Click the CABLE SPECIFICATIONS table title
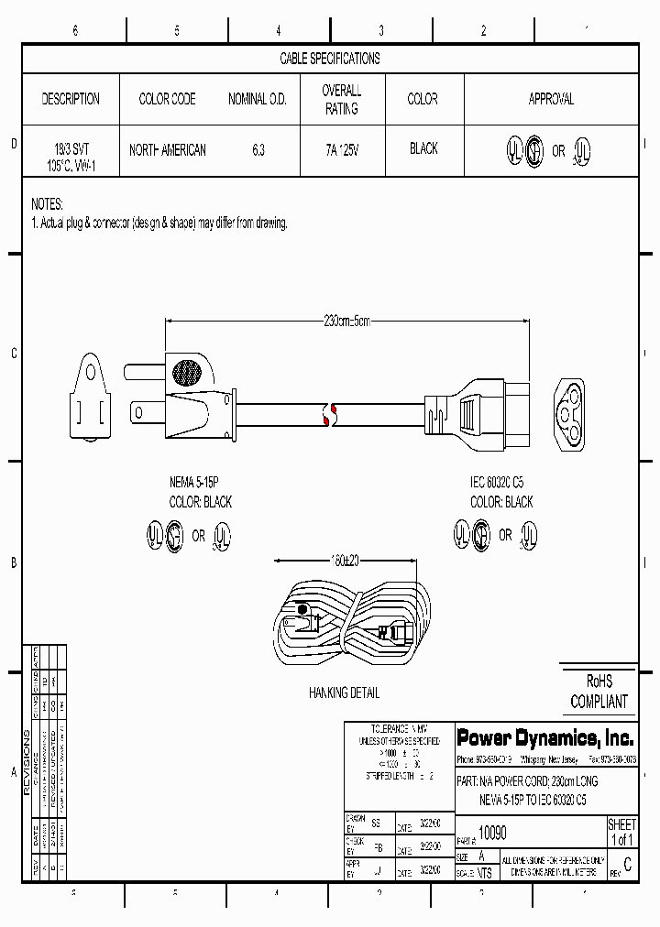[329, 59]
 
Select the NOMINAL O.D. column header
[257, 99]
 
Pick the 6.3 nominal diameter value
[257, 149]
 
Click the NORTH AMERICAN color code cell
[167, 149]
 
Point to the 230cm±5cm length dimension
[346, 321]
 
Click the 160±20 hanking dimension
[347, 562]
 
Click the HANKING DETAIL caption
[344, 693]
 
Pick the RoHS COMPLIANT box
[599, 692]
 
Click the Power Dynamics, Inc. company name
[544, 737]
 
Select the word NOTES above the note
[47, 203]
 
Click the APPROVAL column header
[551, 99]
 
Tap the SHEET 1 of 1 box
[621, 833]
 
